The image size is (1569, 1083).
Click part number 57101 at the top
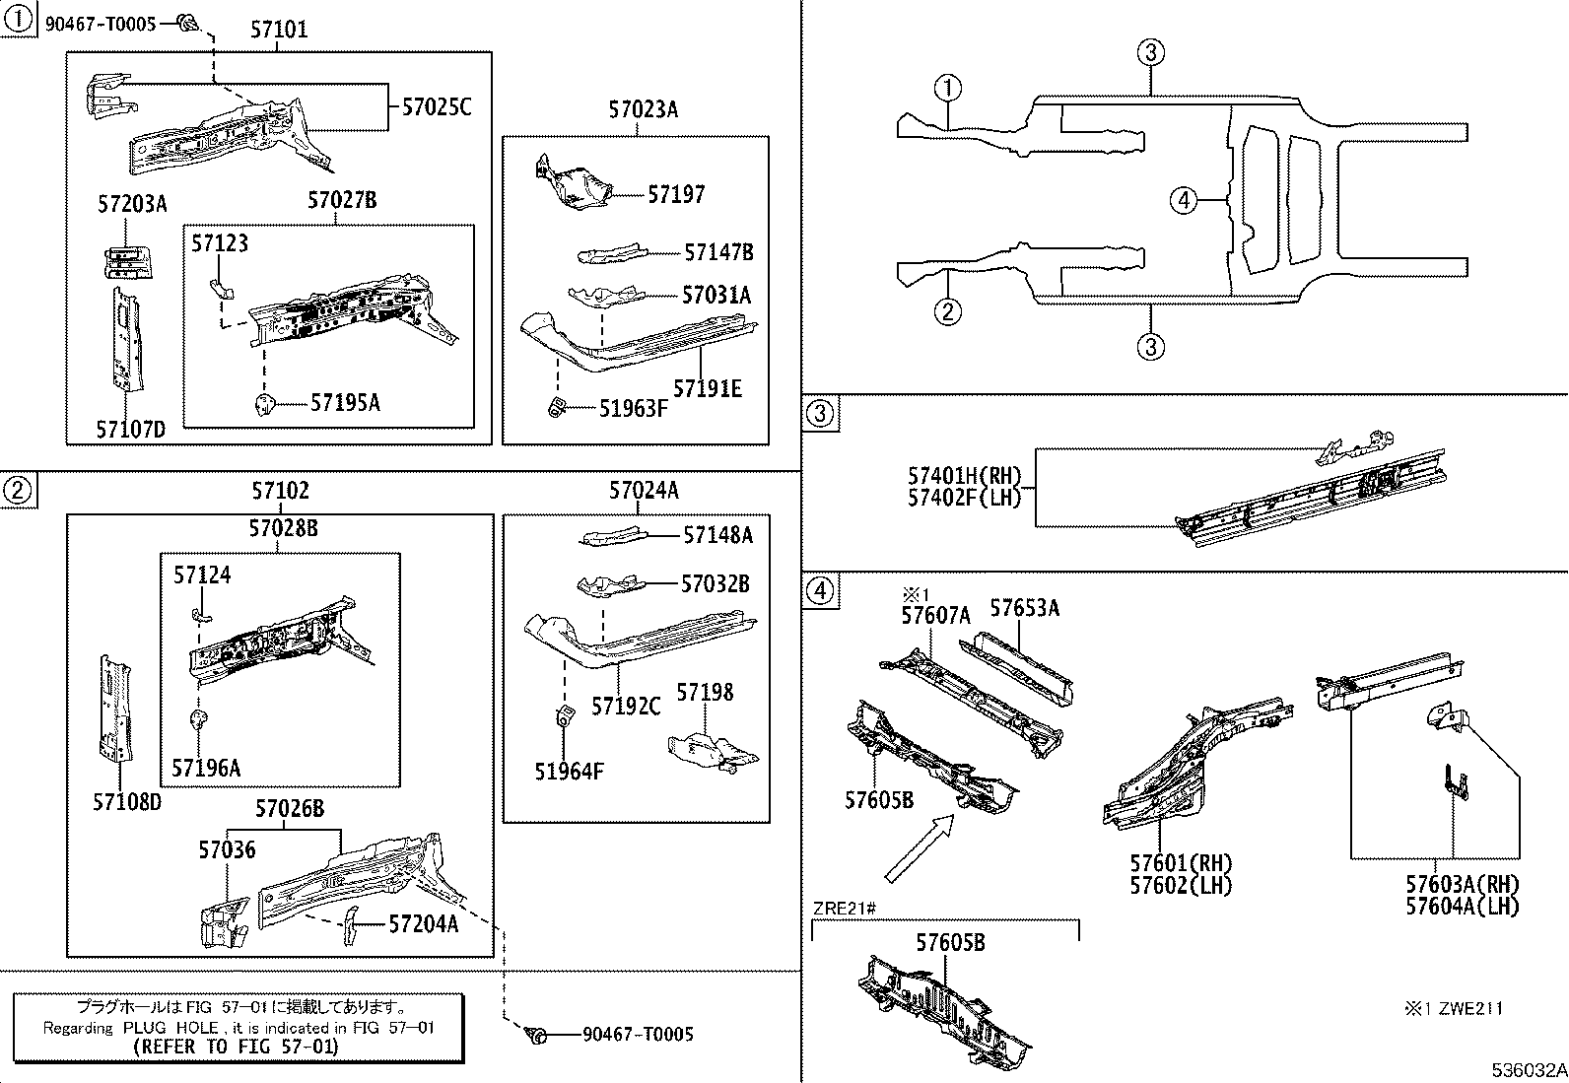point(279,30)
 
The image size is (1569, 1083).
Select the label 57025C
point(437,107)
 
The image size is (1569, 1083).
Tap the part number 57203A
point(132,204)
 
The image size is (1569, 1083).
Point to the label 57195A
point(345,402)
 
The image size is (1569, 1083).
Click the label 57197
point(676,195)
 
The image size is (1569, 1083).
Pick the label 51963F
point(633,408)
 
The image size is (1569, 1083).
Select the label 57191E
point(708,388)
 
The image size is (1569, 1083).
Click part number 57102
point(280,491)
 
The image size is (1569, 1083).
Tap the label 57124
point(202,575)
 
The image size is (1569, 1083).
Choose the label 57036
point(227,849)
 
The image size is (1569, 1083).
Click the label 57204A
point(424,923)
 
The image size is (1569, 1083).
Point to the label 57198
point(705,693)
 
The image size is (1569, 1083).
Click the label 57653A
point(1024,608)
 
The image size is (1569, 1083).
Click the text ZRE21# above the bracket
point(845,907)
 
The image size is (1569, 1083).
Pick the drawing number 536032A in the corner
point(1528,1070)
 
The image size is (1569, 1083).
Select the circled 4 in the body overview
point(1183,201)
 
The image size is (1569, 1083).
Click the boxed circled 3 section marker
point(820,413)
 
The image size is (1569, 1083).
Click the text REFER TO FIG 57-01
point(237,1047)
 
